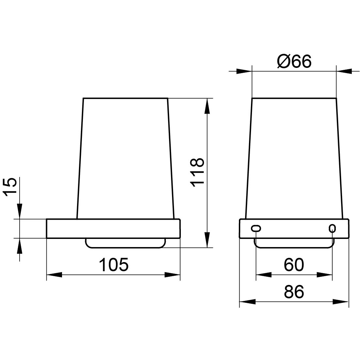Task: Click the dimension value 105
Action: (x=114, y=264)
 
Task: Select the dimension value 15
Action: (x=10, y=187)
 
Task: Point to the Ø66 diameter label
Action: (x=294, y=61)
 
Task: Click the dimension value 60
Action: (x=294, y=264)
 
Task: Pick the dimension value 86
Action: (x=294, y=291)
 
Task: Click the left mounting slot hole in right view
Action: (x=256, y=228)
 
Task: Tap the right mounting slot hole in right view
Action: (x=332, y=228)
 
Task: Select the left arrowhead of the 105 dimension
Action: (x=55, y=274)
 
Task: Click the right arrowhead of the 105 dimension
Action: (x=172, y=274)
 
